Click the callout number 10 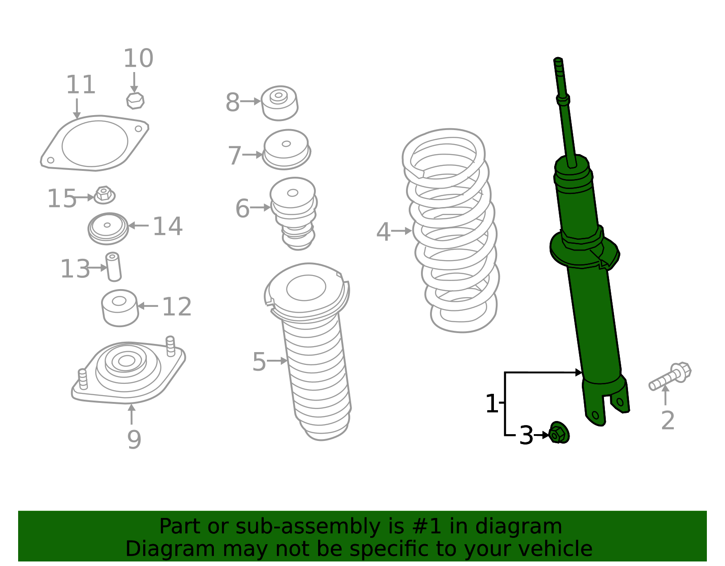click(138, 58)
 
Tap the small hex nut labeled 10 click(135, 101)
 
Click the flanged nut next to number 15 click(105, 195)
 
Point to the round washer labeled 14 click(108, 228)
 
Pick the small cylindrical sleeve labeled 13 click(113, 266)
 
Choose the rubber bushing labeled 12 click(120, 308)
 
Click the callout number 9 click(134, 439)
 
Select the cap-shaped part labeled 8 click(279, 103)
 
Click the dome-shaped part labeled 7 click(286, 149)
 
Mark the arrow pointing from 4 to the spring click(401, 231)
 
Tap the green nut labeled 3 click(559, 433)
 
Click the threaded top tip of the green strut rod click(559, 64)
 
